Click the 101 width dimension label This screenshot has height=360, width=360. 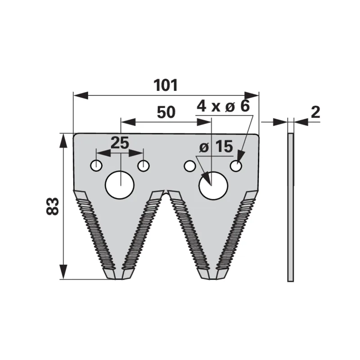[x=166, y=85]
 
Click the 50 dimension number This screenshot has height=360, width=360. [x=166, y=112]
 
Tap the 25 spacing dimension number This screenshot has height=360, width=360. [x=120, y=143]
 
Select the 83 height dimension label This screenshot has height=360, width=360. [x=53, y=206]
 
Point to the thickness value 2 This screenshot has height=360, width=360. [x=315, y=112]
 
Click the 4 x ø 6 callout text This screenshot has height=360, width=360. [x=223, y=106]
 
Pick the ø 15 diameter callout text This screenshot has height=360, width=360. [x=216, y=147]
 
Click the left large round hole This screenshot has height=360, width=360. [x=120, y=185]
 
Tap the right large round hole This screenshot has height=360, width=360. [x=213, y=185]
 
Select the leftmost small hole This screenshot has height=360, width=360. [x=96, y=166]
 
